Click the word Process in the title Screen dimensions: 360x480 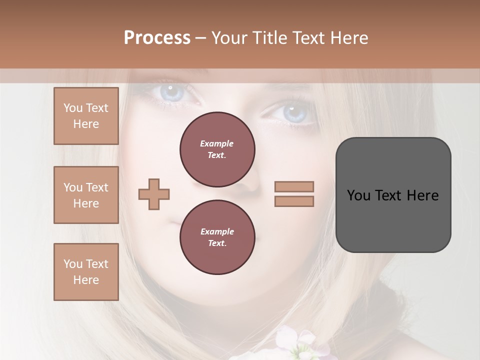157,38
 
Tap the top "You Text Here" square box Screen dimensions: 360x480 86,116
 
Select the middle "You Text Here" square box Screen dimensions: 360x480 86,195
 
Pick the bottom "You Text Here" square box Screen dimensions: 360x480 86,272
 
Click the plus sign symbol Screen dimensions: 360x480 154,193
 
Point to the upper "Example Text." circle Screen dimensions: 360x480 217,149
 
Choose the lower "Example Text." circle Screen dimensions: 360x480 217,237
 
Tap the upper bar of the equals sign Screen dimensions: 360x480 294,186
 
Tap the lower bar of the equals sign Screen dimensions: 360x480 294,201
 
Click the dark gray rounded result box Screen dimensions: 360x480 393,194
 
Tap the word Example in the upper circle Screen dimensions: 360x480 217,143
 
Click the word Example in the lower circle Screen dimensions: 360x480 217,231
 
